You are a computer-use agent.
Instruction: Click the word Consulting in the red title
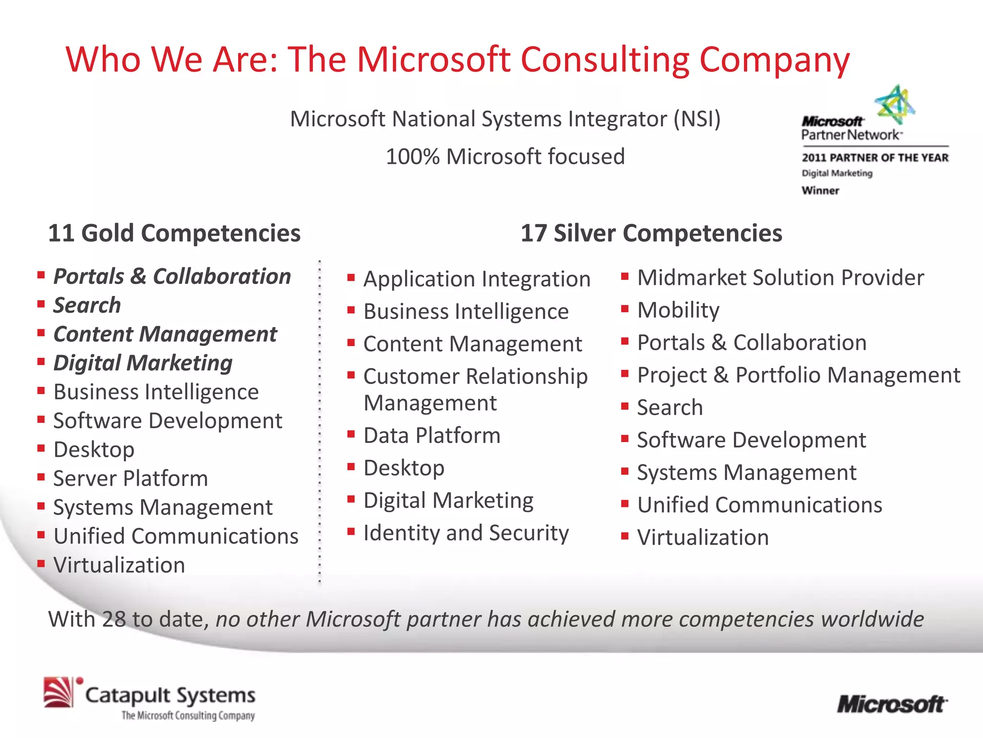605,60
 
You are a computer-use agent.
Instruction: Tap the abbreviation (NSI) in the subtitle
697,119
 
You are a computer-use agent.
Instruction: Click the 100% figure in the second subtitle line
413,157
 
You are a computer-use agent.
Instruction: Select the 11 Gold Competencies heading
174,234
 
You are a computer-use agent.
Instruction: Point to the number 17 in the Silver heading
534,234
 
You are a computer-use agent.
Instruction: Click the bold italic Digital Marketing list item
143,363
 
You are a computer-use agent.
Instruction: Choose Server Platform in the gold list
131,479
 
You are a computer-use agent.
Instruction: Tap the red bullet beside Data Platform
351,434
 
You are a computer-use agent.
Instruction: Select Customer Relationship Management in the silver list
475,389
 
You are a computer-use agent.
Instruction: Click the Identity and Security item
466,533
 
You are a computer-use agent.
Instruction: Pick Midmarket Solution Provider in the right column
780,278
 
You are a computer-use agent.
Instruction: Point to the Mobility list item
678,310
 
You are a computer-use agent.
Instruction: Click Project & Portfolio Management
799,375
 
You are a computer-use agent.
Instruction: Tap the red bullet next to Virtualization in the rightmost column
625,536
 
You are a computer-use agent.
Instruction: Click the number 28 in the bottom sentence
114,619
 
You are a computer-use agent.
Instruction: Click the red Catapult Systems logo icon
59,692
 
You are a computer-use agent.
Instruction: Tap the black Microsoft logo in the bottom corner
892,704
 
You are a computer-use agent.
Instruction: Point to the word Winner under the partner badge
820,191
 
